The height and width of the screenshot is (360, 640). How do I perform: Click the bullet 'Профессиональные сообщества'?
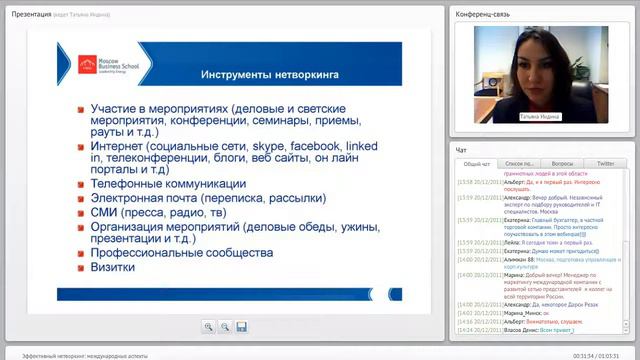pos(181,253)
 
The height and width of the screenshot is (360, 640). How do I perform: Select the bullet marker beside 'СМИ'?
pos(82,212)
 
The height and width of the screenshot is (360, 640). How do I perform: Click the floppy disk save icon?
pos(240,326)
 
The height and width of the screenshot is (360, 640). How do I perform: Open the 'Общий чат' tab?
pos(477,163)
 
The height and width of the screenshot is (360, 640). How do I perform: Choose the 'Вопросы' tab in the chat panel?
pos(562,163)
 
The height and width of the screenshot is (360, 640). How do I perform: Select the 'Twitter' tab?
pos(605,163)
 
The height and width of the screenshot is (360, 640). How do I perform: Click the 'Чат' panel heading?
pos(462,149)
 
